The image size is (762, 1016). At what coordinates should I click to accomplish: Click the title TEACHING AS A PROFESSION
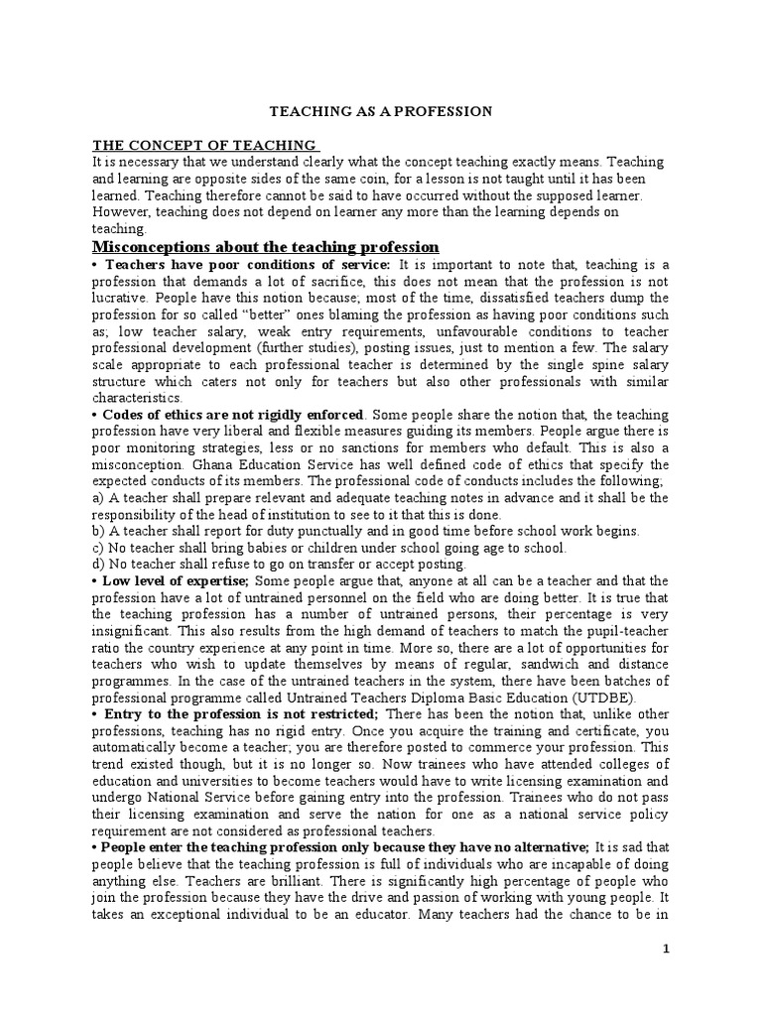(x=382, y=111)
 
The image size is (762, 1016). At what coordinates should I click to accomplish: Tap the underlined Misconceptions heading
(x=266, y=245)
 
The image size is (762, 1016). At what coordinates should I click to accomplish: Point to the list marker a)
(x=97, y=497)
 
